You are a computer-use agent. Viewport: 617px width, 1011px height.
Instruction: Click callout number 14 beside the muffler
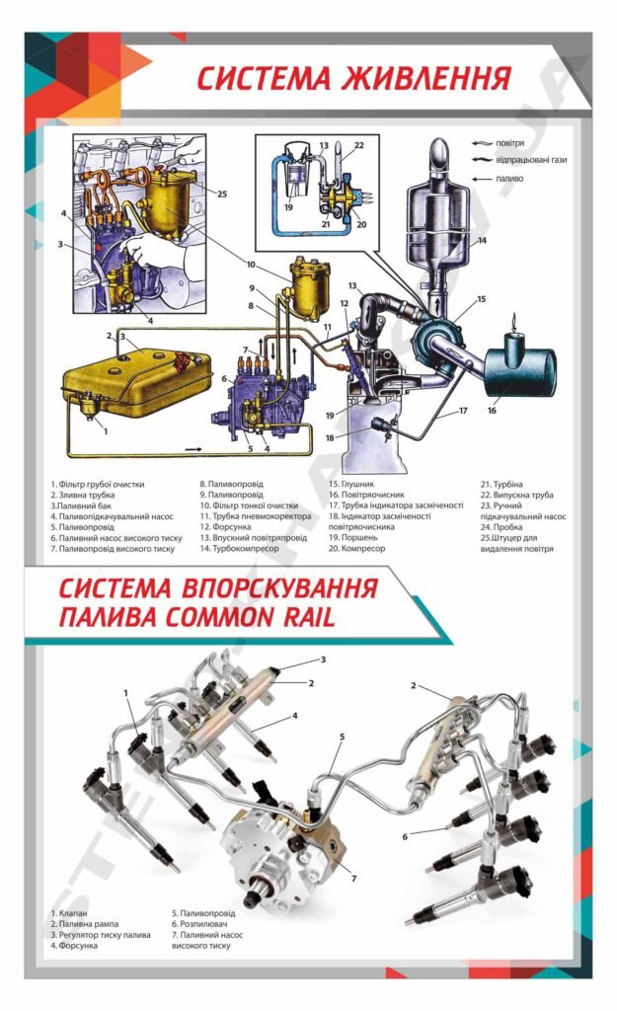click(x=482, y=240)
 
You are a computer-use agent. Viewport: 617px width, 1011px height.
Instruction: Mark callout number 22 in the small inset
click(x=359, y=145)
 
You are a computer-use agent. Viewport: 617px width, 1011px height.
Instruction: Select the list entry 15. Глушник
click(x=350, y=485)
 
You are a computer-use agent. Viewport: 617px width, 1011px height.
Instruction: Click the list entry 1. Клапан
click(x=72, y=913)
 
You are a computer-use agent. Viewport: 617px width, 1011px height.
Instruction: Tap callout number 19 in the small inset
click(x=289, y=208)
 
